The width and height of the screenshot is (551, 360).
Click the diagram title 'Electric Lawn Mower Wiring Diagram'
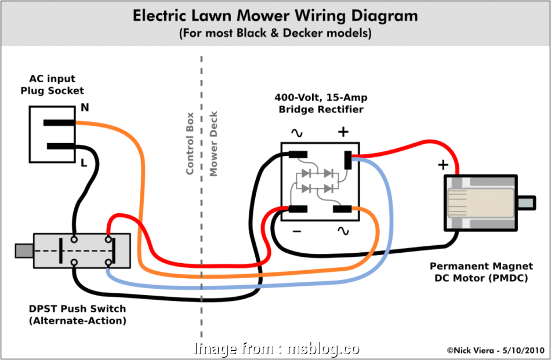275,16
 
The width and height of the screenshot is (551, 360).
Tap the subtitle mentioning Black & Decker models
275,34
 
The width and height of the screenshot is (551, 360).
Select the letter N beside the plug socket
85,108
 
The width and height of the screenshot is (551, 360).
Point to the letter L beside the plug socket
84,164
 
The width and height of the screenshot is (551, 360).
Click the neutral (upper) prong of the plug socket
59,123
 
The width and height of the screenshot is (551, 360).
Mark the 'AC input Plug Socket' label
52,85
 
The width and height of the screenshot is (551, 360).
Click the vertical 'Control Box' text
190,147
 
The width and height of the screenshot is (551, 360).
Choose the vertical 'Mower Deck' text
213,144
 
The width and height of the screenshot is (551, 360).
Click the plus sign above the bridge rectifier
343,132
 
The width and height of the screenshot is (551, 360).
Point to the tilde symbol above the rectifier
296,133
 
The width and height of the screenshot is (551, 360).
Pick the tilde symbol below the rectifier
343,231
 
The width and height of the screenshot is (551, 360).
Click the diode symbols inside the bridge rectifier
316,181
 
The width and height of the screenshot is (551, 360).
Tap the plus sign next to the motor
443,165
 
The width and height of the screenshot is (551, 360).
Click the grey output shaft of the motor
526,203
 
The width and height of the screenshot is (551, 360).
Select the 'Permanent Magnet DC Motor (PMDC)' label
481,272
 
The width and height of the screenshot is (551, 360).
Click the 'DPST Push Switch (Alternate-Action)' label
77,315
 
